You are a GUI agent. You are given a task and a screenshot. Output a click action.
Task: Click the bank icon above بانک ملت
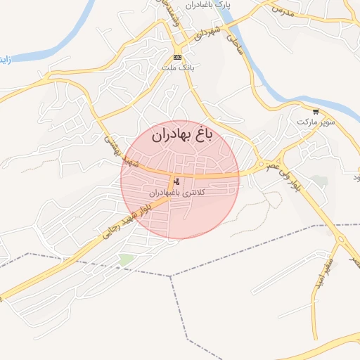pos(177,57)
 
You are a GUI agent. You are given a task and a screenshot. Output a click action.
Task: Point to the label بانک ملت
pos(177,67)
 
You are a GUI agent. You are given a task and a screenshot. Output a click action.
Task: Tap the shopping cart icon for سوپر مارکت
pos(315,111)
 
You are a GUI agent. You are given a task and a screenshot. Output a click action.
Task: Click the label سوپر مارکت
pos(314,122)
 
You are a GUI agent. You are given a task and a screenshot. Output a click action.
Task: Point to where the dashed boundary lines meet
pos(171,276)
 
